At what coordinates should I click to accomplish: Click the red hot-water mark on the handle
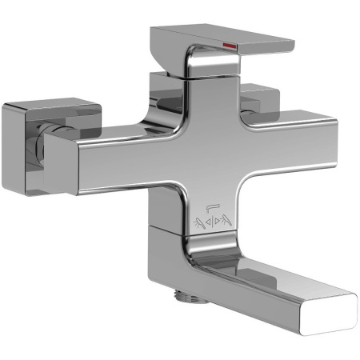[230, 46]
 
